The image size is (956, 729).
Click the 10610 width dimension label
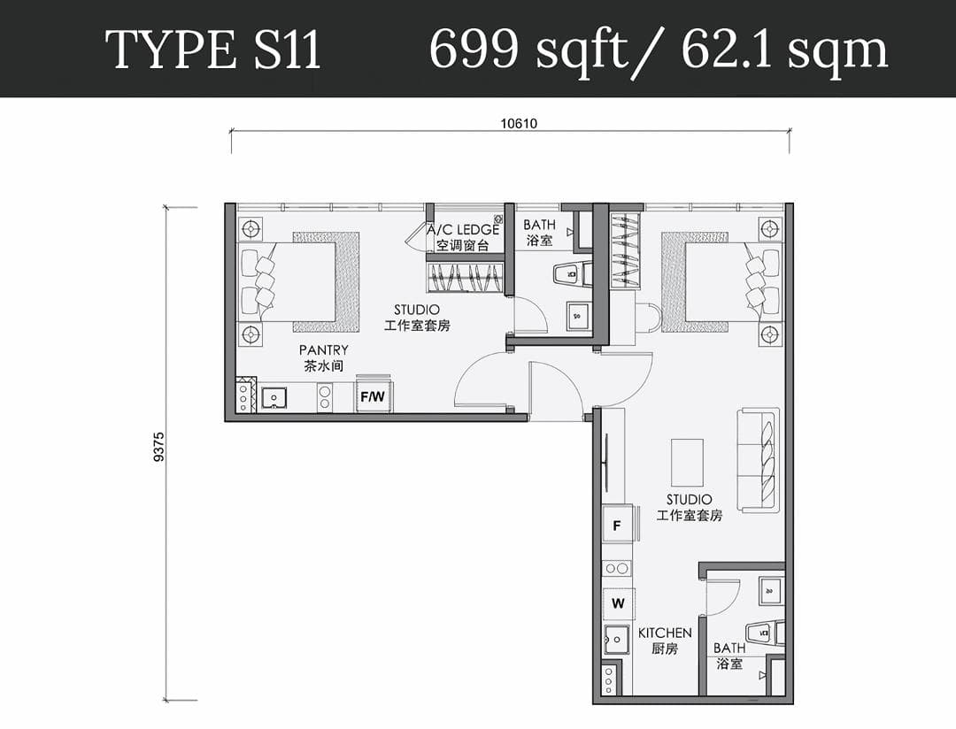(519, 124)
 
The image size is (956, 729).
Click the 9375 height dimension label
(159, 447)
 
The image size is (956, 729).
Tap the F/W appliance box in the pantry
(374, 397)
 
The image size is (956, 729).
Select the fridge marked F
(618, 525)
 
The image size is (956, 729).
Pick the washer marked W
(618, 603)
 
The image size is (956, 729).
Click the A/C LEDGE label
(463, 230)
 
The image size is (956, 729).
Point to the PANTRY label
(324, 349)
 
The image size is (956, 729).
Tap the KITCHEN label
(665, 633)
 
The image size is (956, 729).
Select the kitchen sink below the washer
(616, 640)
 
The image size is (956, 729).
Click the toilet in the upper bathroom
(572, 272)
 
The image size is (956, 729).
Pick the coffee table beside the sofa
(687, 462)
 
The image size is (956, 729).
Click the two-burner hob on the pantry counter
(324, 397)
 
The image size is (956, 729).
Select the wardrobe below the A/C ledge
(466, 277)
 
